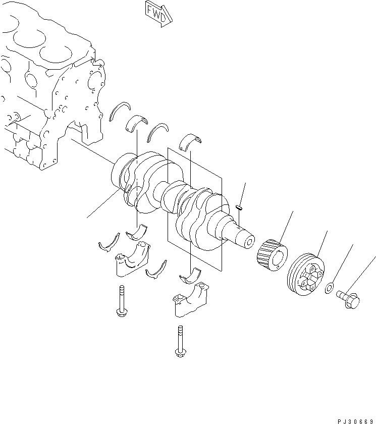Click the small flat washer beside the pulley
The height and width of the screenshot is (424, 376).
(329, 288)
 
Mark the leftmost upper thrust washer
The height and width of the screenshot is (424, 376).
(120, 111)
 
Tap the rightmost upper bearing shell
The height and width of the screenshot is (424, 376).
(190, 142)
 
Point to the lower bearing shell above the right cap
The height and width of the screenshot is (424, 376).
(190, 275)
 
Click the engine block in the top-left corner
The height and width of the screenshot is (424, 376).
(45, 86)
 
